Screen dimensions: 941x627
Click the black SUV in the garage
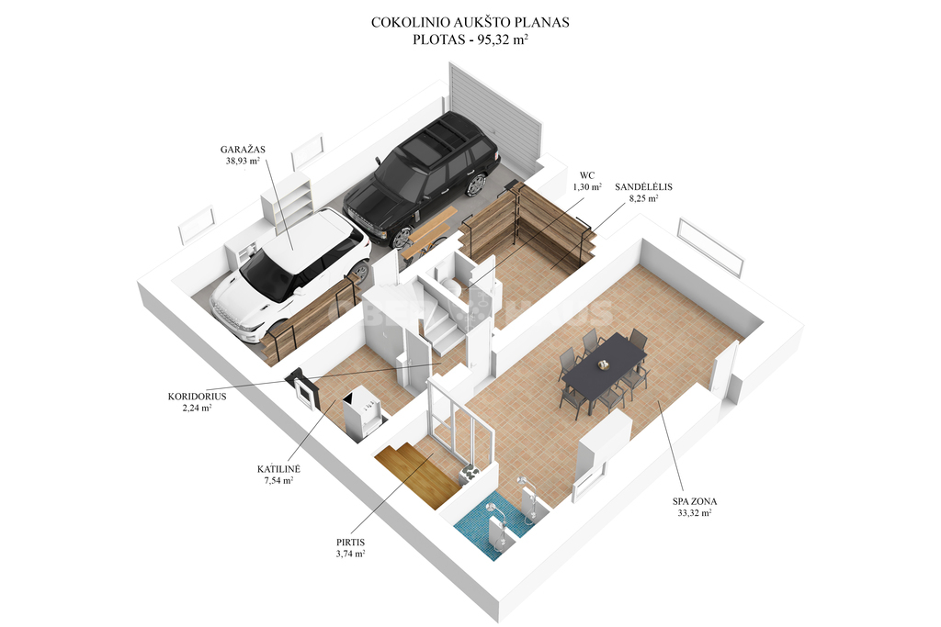pos(421,179)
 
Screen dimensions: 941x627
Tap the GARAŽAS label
pos(243,150)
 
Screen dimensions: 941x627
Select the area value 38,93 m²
pos(243,161)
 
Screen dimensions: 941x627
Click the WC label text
pos(587,175)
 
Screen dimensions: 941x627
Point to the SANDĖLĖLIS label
pos(643,187)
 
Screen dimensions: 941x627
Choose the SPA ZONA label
pos(695,502)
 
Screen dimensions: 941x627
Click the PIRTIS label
pos(350,543)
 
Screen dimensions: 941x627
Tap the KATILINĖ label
pos(278,469)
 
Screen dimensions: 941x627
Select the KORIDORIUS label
pos(197,397)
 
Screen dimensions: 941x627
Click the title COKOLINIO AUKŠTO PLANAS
pos(470,23)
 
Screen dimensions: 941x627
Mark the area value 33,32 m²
pos(695,513)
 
